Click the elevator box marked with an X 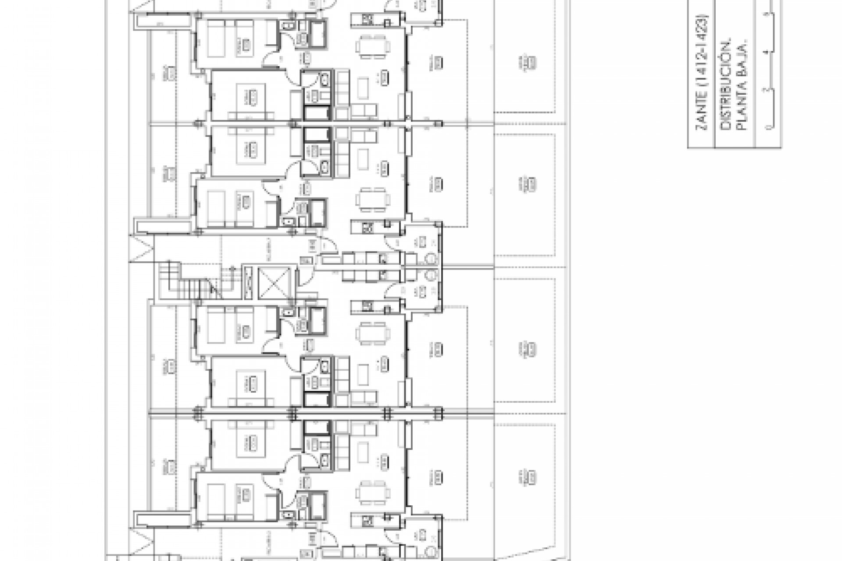pyautogui.click(x=274, y=280)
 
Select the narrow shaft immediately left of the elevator pyautogui.click(x=248, y=280)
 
